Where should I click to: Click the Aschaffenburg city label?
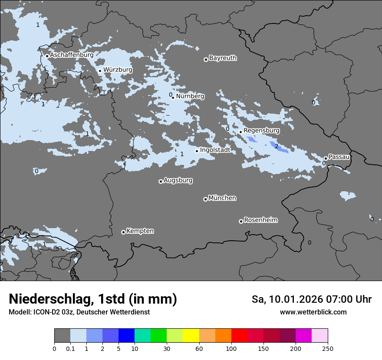72,55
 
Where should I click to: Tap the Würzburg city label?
118,70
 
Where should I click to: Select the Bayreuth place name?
223,58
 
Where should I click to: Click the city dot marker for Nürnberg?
173,98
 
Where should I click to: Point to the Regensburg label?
261,131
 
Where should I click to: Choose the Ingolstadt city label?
215,150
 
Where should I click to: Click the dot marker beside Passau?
326,158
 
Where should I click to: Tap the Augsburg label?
178,180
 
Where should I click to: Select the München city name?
222,198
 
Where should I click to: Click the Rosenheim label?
260,220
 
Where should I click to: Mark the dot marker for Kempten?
123,232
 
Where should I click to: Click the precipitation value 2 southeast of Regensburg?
277,147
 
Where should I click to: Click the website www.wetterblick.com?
313,312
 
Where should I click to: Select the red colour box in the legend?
239,336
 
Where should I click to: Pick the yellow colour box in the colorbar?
191,336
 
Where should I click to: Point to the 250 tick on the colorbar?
328,348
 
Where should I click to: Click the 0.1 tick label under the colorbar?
70,348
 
